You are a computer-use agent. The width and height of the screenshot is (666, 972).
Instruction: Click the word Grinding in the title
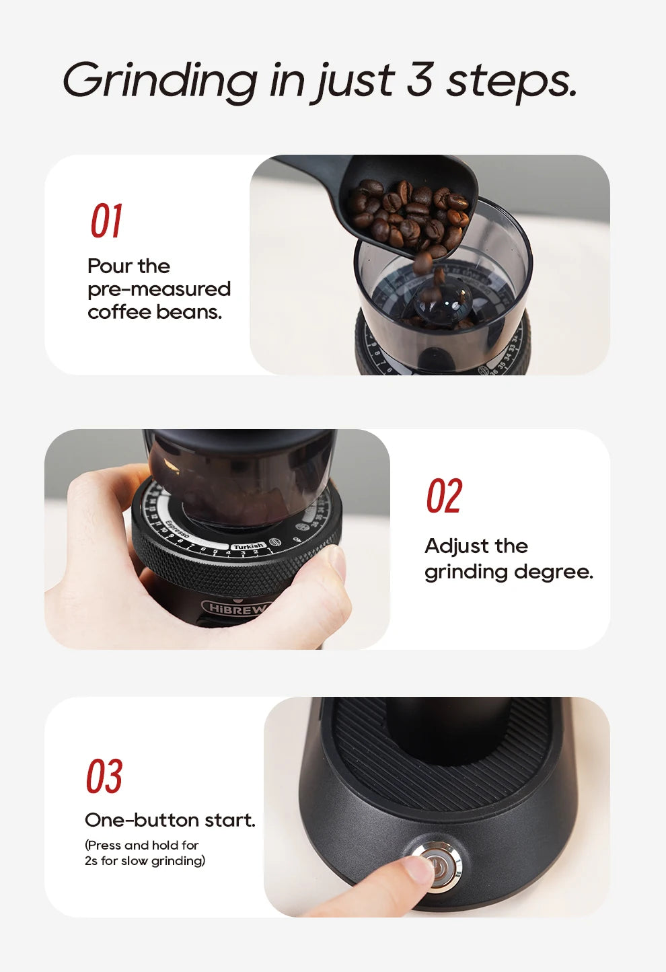pos(159,81)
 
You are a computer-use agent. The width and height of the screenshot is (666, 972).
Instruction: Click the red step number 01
pos(106,221)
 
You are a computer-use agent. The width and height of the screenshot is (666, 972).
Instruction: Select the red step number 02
pos(443,496)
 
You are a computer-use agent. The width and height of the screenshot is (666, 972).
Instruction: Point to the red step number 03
pos(104,776)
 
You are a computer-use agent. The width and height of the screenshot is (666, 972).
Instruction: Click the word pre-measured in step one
pos(159,289)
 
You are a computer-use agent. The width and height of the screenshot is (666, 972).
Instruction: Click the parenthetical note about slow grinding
pos(145,853)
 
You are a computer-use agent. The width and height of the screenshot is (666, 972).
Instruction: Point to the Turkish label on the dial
pos(248,546)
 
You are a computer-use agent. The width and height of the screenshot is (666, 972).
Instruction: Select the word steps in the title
pos(511,81)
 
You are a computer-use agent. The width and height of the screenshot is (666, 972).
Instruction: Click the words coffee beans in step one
pos(154,312)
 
